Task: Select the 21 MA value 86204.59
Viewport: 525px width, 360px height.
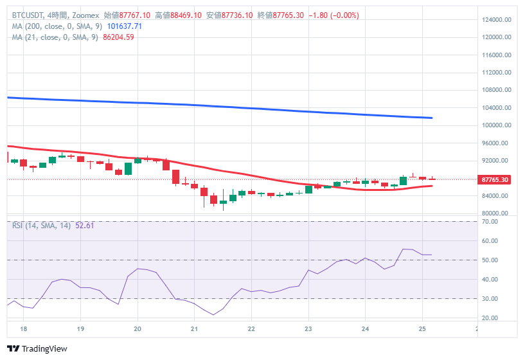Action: [118, 37]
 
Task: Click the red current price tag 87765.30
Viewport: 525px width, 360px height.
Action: [495, 179]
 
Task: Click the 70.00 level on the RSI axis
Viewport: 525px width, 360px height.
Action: [490, 222]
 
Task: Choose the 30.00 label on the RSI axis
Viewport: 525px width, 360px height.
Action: [490, 299]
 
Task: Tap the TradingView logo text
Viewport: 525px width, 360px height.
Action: [40, 349]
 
